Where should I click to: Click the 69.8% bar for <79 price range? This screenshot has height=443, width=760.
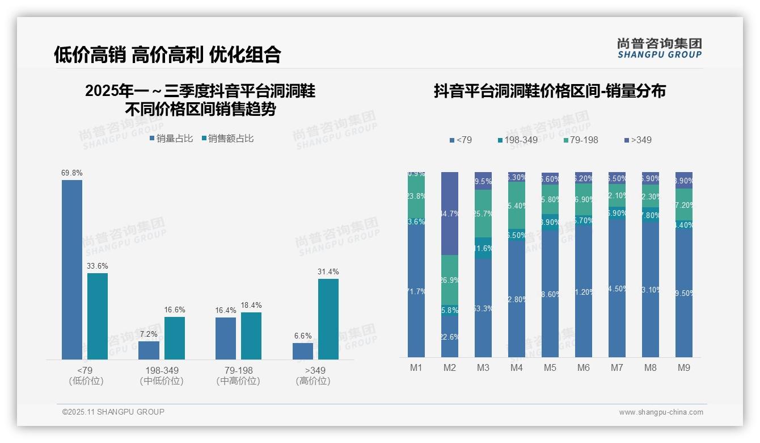[72, 270]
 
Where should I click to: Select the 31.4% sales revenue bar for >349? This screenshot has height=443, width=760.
[328, 319]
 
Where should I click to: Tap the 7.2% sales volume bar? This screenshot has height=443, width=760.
[149, 350]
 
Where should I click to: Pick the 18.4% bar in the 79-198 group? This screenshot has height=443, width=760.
[251, 336]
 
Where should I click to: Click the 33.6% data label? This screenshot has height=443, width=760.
[97, 266]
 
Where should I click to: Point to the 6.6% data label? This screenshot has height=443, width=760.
[303, 336]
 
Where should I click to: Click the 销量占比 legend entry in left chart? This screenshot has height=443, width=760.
[171, 139]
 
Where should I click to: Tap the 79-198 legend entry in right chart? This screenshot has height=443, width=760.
[581, 140]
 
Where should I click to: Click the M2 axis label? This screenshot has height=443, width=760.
[449, 367]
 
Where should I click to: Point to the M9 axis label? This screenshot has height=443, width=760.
[683, 367]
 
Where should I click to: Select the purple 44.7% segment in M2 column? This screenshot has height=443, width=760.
[450, 214]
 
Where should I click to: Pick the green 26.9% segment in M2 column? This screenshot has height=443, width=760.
[450, 280]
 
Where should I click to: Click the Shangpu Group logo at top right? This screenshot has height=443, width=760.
[659, 48]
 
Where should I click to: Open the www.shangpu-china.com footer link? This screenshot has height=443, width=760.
[661, 412]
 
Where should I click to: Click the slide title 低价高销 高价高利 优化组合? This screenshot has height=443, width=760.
[167, 55]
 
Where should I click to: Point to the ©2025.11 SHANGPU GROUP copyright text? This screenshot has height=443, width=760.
[113, 412]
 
